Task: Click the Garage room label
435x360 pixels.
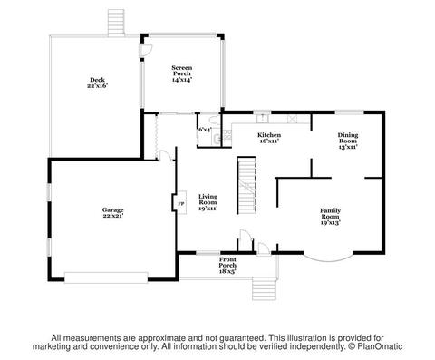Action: pyautogui.click(x=112, y=212)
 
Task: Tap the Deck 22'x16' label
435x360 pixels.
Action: pyautogui.click(x=97, y=83)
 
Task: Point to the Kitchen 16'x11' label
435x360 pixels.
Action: pyautogui.click(x=269, y=138)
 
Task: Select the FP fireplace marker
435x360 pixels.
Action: pyautogui.click(x=180, y=203)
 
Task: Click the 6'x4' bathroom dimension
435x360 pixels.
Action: pyautogui.click(x=205, y=130)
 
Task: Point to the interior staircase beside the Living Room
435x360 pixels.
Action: pyautogui.click(x=246, y=185)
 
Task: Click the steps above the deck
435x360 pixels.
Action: pyautogui.click(x=116, y=23)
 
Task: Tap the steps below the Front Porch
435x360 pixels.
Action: pyautogui.click(x=265, y=289)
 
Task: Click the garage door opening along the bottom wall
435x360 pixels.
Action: pyautogui.click(x=106, y=277)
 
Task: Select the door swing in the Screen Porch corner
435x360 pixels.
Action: pyautogui.click(x=147, y=50)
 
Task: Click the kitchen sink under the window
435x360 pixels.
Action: pyautogui.click(x=263, y=119)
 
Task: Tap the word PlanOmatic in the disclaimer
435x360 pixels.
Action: pyautogui.click(x=380, y=346)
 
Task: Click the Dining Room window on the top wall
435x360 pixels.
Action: pyautogui.click(x=350, y=112)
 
